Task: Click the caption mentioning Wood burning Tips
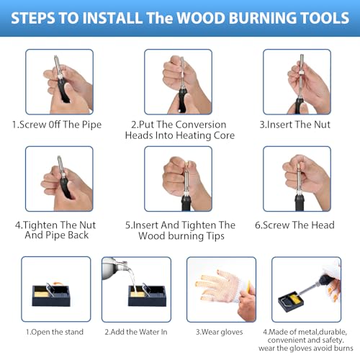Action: (179, 230)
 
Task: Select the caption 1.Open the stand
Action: (55, 332)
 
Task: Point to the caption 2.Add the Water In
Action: (136, 332)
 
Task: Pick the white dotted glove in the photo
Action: (216, 288)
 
